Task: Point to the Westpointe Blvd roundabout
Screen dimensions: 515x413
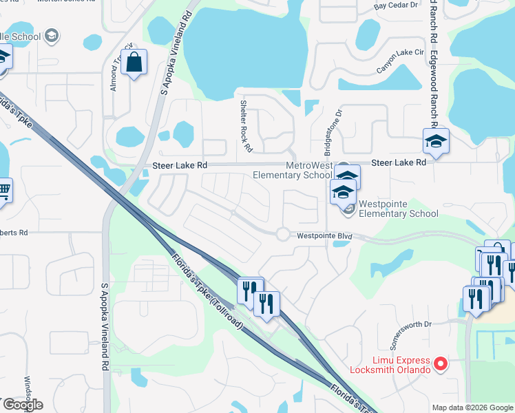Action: pyautogui.click(x=283, y=234)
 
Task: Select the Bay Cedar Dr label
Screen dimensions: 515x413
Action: pyautogui.click(x=396, y=6)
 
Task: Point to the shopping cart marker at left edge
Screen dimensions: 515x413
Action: pyautogui.click(x=3, y=191)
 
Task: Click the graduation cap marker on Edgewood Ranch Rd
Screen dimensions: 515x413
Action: pyautogui.click(x=436, y=141)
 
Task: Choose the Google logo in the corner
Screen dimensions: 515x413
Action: pyautogui.click(x=22, y=405)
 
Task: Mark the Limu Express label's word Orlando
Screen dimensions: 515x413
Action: pyautogui.click(x=412, y=370)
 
